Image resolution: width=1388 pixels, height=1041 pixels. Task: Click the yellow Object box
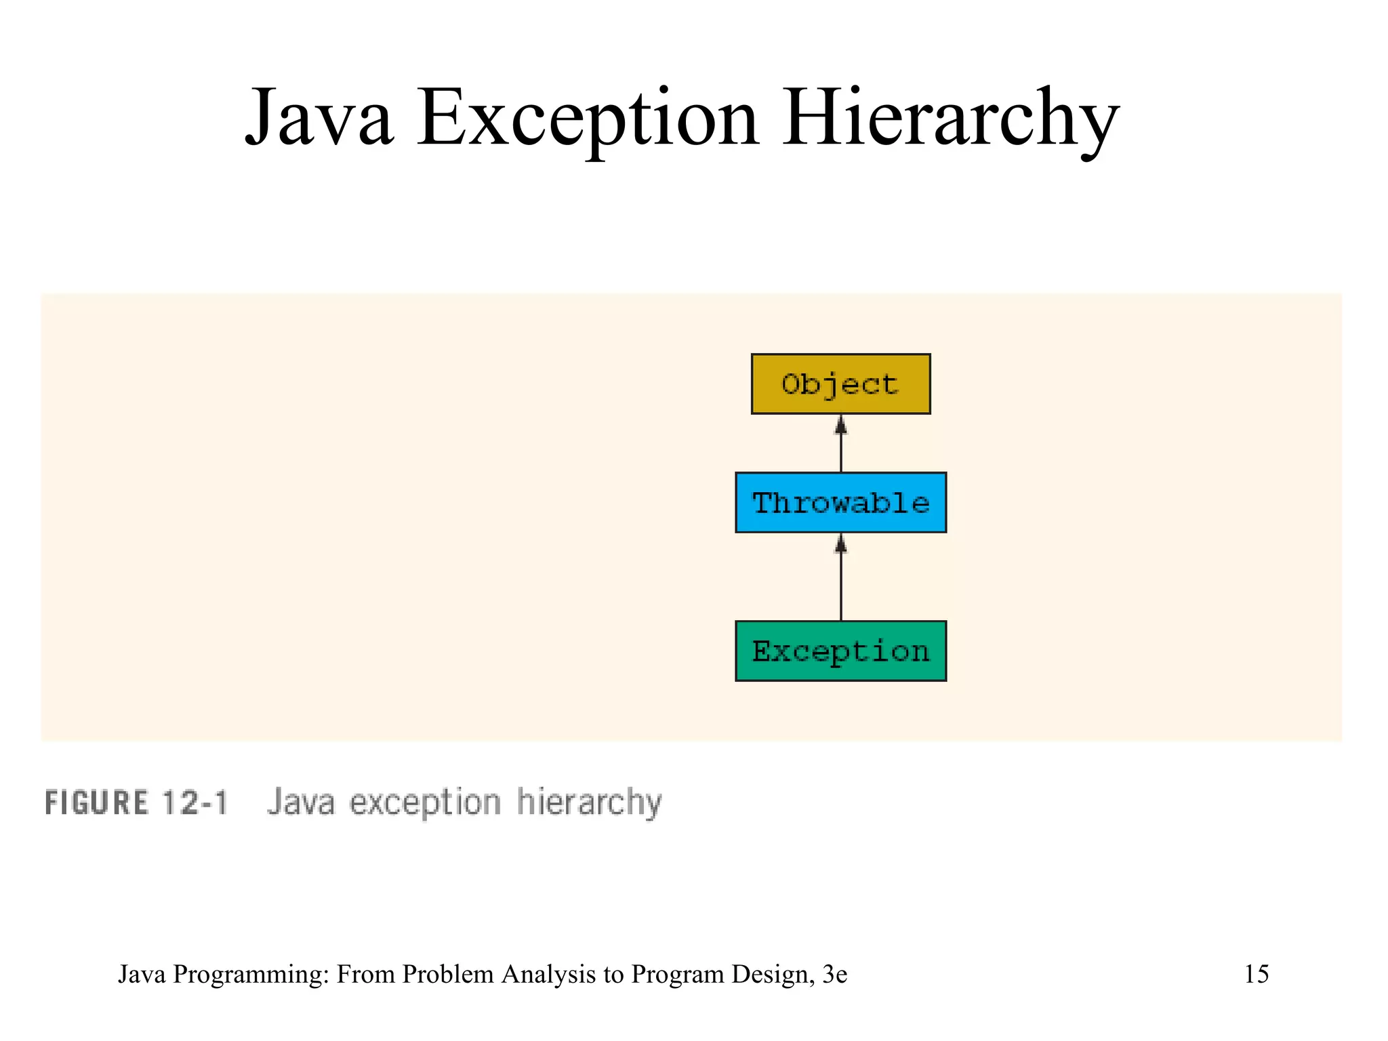pos(840,384)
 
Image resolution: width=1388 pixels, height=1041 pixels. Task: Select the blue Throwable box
pos(840,502)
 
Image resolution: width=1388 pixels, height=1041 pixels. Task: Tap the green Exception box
pos(840,651)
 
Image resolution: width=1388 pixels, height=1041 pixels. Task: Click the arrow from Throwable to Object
pos(841,444)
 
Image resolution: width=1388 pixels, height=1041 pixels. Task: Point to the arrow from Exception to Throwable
pos(841,577)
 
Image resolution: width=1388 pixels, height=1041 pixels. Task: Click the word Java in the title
pos(319,119)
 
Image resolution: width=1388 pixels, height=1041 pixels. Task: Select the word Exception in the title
pos(588,119)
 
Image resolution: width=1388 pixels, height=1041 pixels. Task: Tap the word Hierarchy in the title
pos(950,119)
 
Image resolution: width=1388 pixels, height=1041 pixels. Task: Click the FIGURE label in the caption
pos(96,803)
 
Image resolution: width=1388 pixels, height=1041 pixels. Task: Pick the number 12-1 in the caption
pos(195,803)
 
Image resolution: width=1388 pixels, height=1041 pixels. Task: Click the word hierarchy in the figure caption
pos(589,803)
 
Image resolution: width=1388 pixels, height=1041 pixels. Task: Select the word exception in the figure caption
pos(425,803)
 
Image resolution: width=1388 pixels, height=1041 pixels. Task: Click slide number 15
pos(1257,974)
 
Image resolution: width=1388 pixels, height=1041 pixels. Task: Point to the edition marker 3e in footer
pos(834,974)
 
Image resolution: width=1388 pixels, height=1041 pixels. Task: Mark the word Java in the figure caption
pos(301,803)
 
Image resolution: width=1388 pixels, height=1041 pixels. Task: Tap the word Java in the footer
pos(142,974)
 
